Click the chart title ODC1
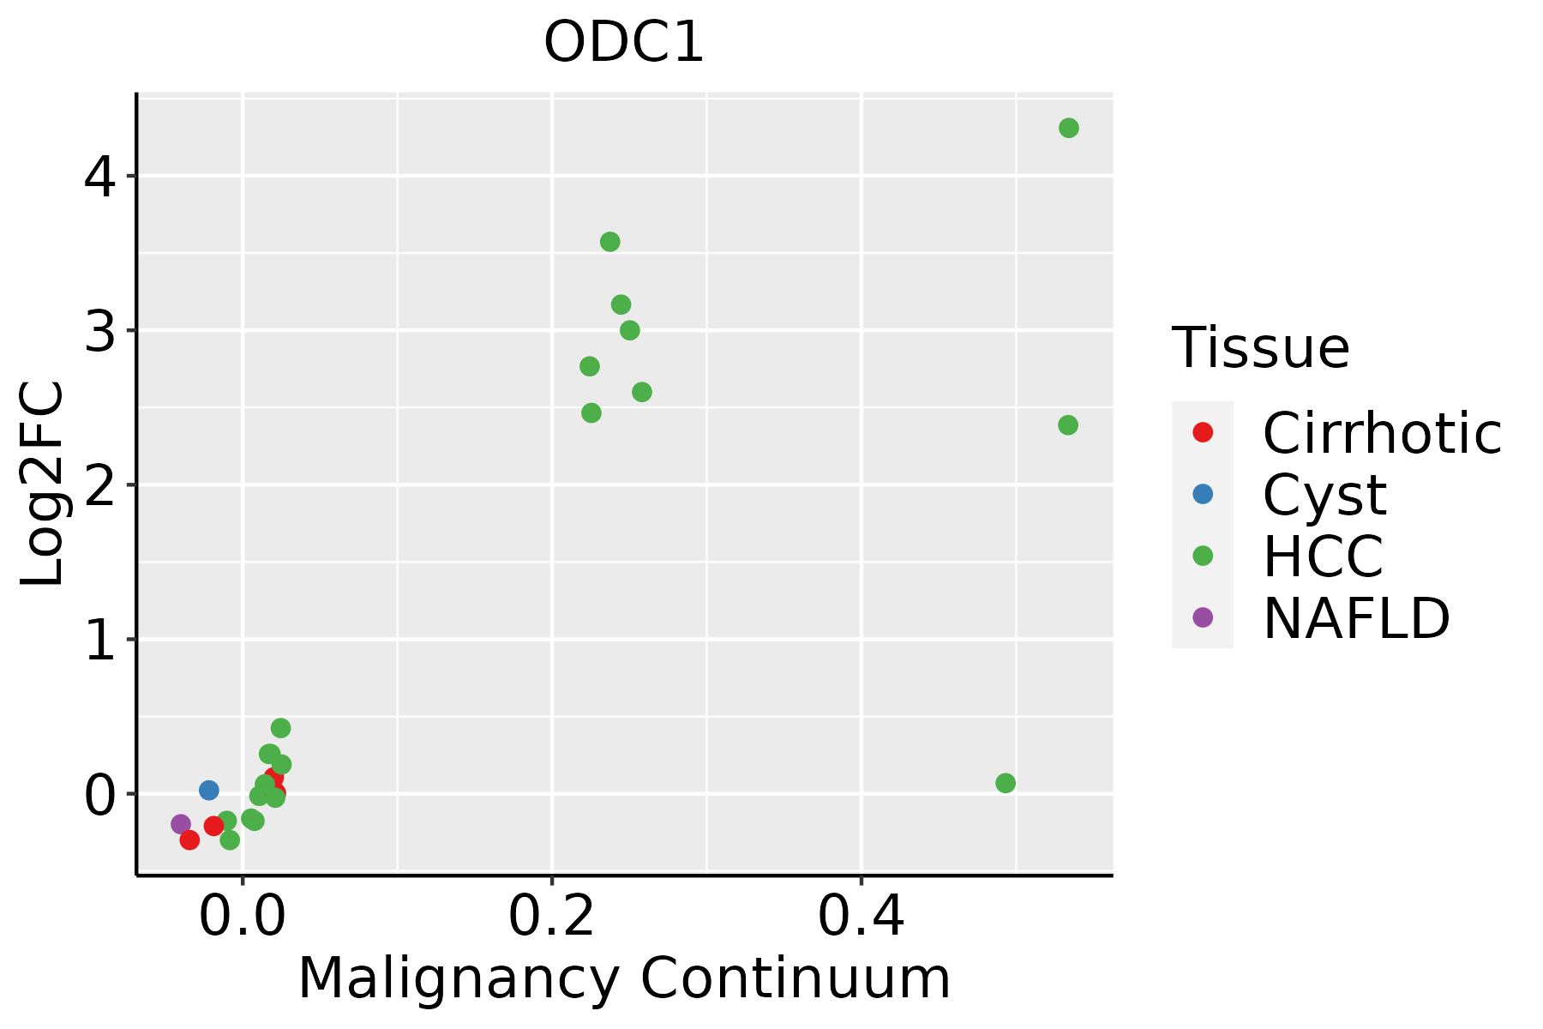tap(624, 43)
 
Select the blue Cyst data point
tap(209, 790)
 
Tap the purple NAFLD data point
tap(181, 824)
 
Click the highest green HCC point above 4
tap(1068, 128)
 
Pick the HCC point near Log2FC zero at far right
tap(1006, 783)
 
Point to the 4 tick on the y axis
tap(99, 178)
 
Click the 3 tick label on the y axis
tap(99, 332)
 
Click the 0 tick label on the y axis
tap(99, 795)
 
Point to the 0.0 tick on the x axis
tap(243, 918)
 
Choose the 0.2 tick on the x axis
tap(552, 918)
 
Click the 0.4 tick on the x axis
tap(861, 918)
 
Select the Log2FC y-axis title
tap(43, 484)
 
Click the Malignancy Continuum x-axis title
tap(624, 979)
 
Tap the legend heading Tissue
tap(1260, 348)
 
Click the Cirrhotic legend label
tap(1381, 433)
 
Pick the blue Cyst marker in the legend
tap(1203, 494)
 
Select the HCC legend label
tap(1323, 556)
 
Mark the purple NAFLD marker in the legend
tap(1203, 617)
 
